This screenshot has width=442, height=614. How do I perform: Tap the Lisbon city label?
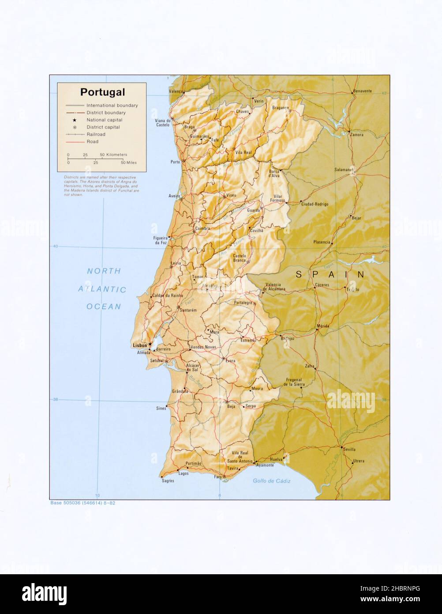coord(140,345)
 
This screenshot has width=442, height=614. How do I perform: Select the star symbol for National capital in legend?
coord(75,120)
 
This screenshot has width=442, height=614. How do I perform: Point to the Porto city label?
coord(175,162)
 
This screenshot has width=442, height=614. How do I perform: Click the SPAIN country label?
coord(330,275)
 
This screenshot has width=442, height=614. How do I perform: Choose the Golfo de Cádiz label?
coord(271,481)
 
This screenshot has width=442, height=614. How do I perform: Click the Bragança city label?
coord(280,107)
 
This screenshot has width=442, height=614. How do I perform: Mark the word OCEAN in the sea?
coord(104,307)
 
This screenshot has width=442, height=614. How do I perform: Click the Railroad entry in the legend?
coord(96,134)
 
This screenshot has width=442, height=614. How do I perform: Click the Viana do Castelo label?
coord(163,122)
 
